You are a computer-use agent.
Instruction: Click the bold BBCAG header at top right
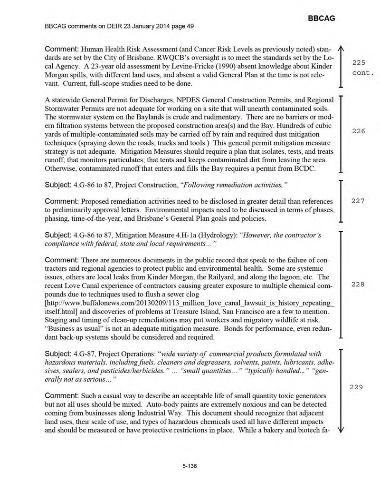click(x=322, y=18)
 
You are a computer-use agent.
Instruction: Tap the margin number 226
click(x=358, y=131)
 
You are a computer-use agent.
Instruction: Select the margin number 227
click(x=358, y=201)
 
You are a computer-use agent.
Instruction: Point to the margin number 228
click(x=358, y=284)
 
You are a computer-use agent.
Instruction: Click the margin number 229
click(x=357, y=387)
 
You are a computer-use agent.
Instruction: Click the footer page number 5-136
click(x=190, y=466)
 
